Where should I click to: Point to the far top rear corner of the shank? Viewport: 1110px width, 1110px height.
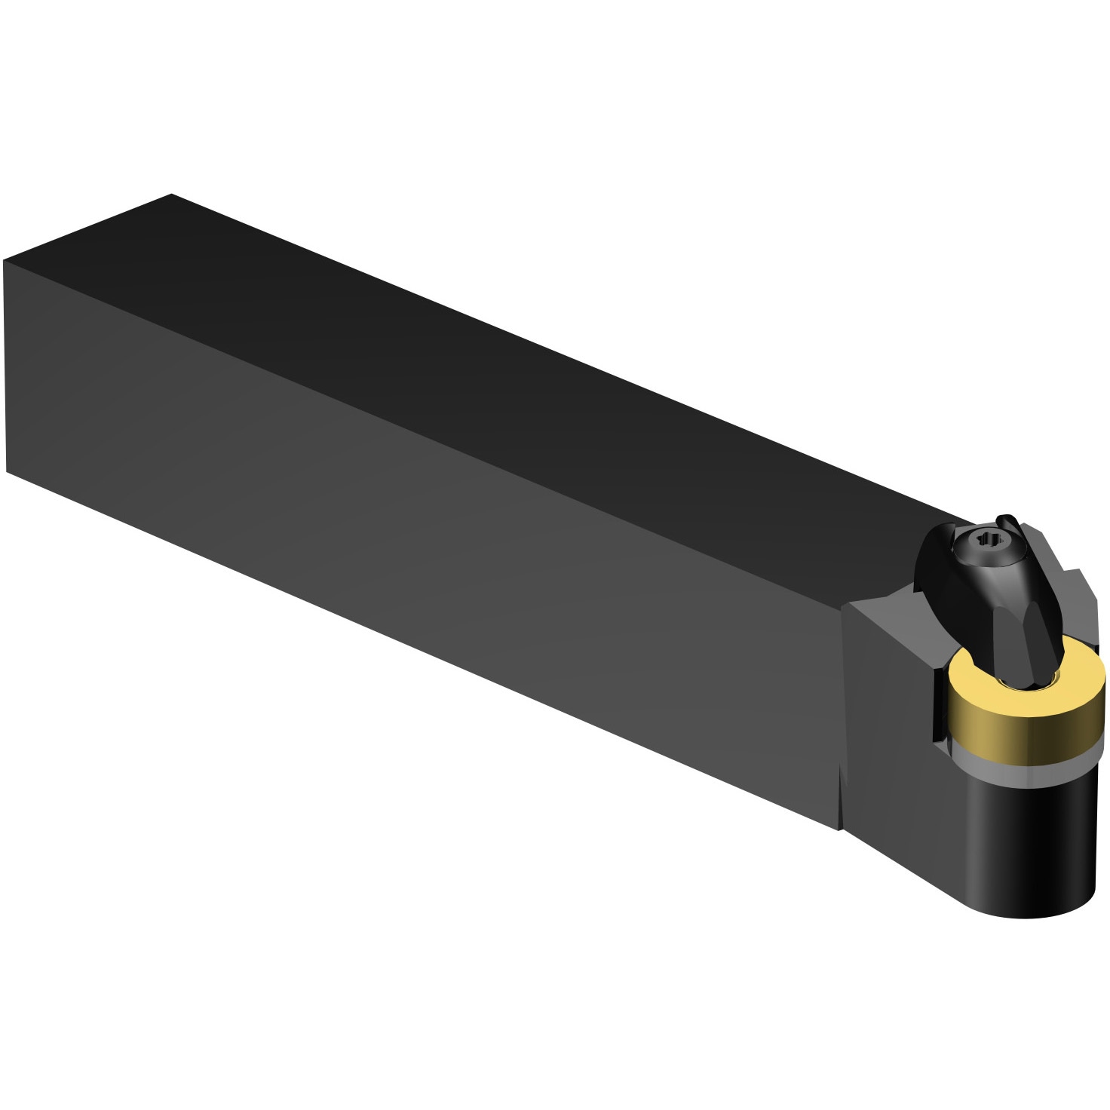172,195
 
